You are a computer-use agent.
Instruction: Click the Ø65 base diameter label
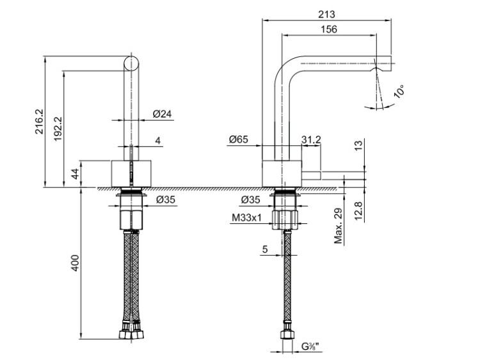[x=239, y=139]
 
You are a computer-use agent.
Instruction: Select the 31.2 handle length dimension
[x=311, y=139]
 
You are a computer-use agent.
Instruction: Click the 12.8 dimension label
[x=359, y=209]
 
